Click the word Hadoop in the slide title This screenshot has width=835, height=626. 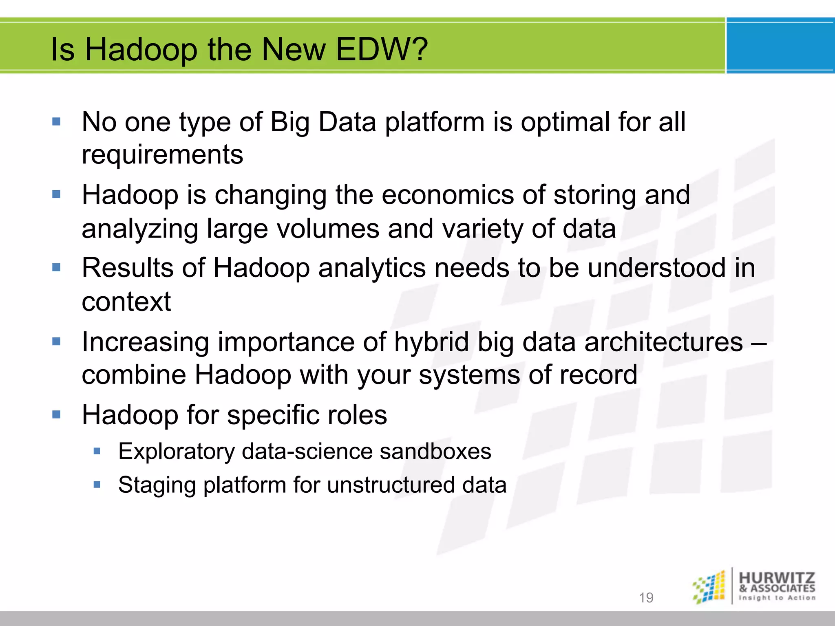141,50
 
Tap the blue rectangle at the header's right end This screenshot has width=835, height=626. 780,46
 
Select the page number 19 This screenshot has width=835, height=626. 646,597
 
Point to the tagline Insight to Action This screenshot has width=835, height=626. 777,598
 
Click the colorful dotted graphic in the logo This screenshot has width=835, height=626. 709,587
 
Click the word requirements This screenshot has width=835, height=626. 162,155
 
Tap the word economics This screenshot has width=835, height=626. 447,195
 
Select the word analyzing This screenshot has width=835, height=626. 139,229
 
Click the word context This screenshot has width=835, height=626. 126,302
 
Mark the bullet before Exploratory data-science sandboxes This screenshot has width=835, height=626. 97,451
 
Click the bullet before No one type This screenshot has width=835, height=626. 56,121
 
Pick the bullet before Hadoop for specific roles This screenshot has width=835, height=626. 56,415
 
